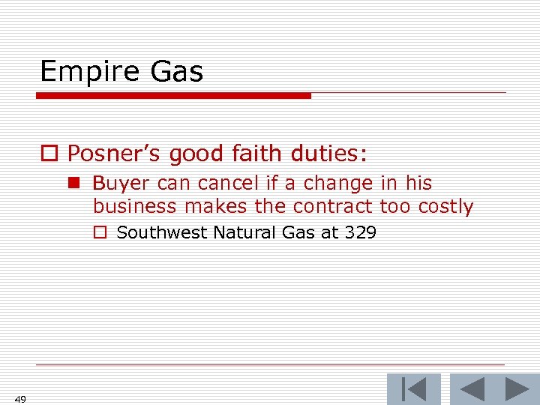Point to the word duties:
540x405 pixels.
pos(328,154)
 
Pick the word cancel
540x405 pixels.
pos(223,183)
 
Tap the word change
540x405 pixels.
pos(338,183)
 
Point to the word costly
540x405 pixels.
pos(445,206)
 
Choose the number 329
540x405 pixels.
pos(361,232)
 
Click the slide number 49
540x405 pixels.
pos(20,399)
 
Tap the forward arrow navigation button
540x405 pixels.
pos(517,389)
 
